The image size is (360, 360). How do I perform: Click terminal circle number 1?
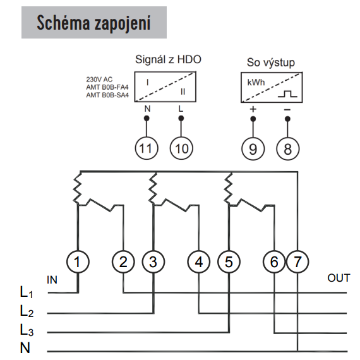(x=78, y=261)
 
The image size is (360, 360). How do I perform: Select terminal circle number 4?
(x=199, y=261)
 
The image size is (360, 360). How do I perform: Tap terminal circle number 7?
(x=297, y=261)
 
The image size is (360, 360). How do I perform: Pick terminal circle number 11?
(x=147, y=148)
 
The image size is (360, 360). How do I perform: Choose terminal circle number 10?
(x=181, y=148)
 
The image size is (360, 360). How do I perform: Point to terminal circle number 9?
(x=253, y=149)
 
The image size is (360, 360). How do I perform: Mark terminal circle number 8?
(x=288, y=149)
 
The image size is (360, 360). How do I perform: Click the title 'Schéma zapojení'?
(x=93, y=23)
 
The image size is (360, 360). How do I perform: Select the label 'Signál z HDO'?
(x=168, y=59)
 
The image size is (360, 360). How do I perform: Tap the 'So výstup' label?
(x=271, y=63)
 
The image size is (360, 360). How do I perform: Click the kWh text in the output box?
(x=256, y=82)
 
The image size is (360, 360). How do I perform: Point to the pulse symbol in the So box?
(x=287, y=94)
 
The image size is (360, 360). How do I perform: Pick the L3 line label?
(x=27, y=330)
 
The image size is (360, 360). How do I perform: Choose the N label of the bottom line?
(x=25, y=348)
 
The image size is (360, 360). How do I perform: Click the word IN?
(x=52, y=280)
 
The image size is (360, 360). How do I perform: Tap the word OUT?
(x=339, y=278)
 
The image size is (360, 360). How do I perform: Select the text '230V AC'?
(x=99, y=80)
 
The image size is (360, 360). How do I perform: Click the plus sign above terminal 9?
(x=253, y=109)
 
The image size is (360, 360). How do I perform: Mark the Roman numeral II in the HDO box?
(x=183, y=92)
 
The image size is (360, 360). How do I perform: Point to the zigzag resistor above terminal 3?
(x=153, y=188)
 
